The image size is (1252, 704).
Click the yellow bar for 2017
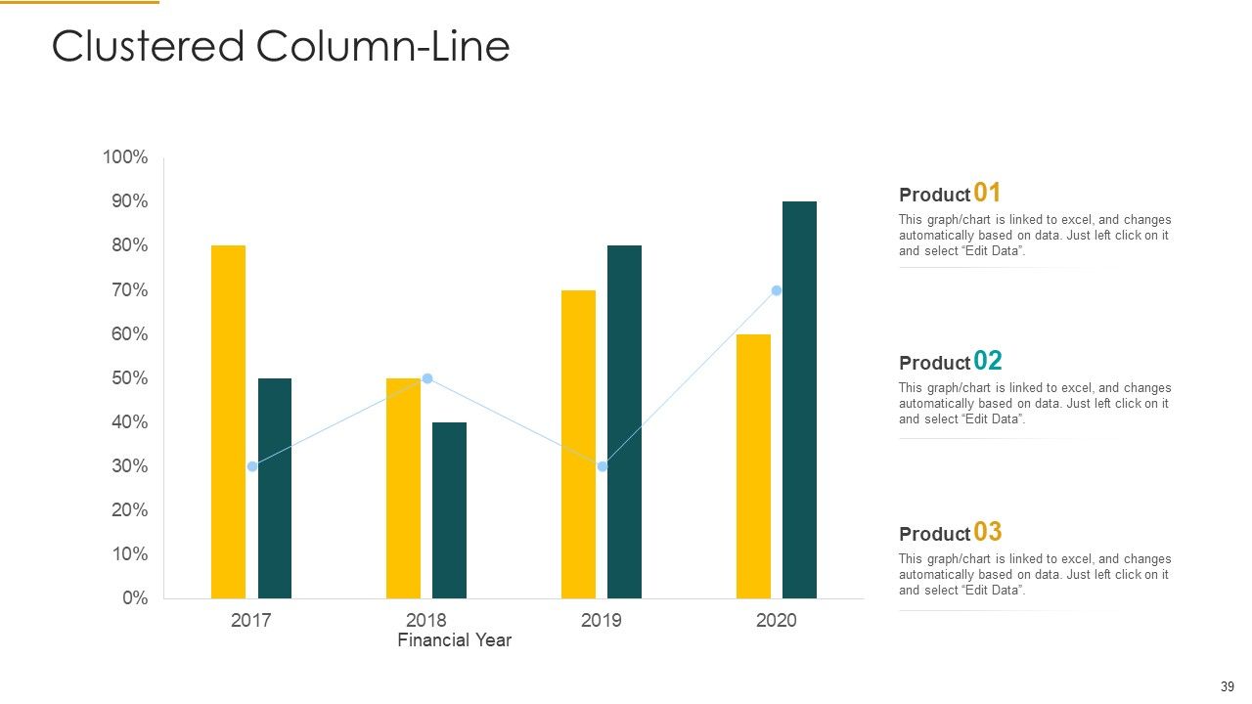point(228,421)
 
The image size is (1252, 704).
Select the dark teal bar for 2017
point(275,488)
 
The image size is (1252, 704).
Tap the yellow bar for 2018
point(403,488)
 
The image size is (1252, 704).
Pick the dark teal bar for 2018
point(449,510)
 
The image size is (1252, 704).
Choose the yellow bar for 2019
point(578,444)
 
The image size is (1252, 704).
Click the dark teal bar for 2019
point(624,421)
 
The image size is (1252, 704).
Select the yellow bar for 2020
point(753,466)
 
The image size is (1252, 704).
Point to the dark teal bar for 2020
point(799,400)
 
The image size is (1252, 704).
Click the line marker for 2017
point(252,466)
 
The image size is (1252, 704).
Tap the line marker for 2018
point(427,378)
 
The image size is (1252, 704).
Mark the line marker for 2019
point(602,466)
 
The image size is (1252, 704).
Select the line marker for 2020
point(777,290)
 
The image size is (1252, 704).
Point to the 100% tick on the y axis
point(125,157)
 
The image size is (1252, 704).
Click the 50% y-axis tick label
point(130,378)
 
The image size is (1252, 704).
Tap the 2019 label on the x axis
point(601,620)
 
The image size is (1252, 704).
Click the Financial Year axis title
point(455,640)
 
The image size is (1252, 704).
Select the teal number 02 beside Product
point(988,361)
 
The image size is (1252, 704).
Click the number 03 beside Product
point(988,531)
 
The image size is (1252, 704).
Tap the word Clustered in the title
point(148,46)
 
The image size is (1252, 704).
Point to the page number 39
point(1228,686)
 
